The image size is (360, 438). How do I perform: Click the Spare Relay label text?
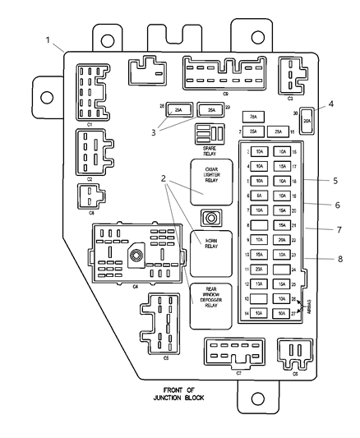click(x=210, y=149)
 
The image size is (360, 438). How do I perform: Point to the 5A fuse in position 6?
click(x=259, y=196)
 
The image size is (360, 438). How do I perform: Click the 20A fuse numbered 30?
click(x=307, y=120)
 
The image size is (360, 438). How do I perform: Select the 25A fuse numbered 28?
click(x=178, y=109)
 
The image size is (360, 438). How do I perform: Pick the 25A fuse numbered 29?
click(x=212, y=109)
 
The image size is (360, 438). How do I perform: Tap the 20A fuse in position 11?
click(x=259, y=269)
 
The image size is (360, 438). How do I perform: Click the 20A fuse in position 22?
click(x=282, y=240)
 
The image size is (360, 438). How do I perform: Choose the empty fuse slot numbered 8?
click(x=259, y=225)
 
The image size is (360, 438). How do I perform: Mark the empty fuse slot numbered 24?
click(x=282, y=269)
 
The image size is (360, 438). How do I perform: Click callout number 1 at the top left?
click(x=48, y=39)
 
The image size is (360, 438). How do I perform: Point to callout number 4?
click(x=330, y=104)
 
